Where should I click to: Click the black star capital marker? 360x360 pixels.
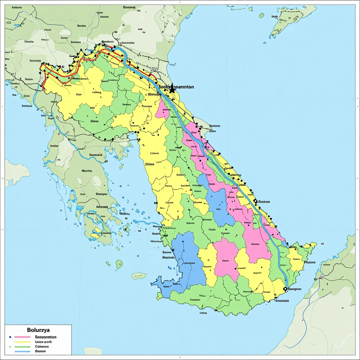pyautogui.click(x=172, y=90)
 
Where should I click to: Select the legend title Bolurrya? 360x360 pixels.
pyautogui.click(x=38, y=330)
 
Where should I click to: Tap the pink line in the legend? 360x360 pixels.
pyautogui.click(x=22, y=337)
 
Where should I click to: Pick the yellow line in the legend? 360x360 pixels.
pyautogui.click(x=22, y=342)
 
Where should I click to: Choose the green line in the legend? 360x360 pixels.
pyautogui.click(x=22, y=346)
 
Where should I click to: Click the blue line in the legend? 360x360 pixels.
pyautogui.click(x=22, y=351)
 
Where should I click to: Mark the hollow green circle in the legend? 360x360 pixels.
pyautogui.click(x=10, y=347)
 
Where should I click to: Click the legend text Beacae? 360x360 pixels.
pyautogui.click(x=41, y=351)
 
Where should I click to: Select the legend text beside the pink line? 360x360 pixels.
pyautogui.click(x=46, y=337)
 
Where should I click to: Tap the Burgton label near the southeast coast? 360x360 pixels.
pyautogui.click(x=294, y=289)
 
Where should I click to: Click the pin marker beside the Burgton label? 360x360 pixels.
pyautogui.click(x=285, y=289)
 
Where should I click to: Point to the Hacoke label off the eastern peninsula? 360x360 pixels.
pyautogui.click(x=309, y=262)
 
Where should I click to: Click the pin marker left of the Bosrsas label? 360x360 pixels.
pyautogui.click(x=255, y=201)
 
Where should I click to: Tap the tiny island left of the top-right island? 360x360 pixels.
pyautogui.click(x=261, y=15)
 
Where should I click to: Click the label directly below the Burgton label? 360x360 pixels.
pyautogui.click(x=281, y=301)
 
